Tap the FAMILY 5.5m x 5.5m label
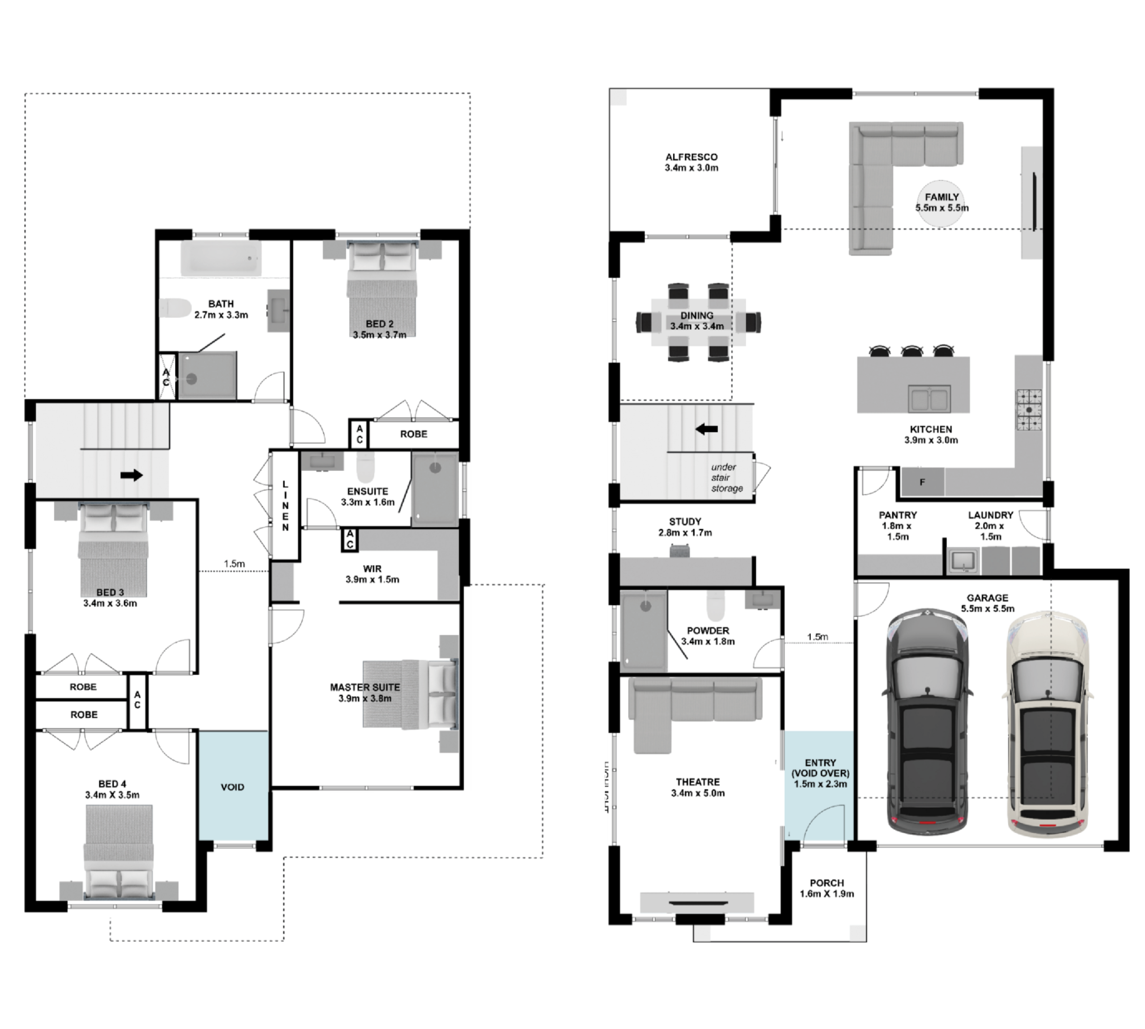click(x=941, y=203)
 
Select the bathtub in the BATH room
click(x=221, y=258)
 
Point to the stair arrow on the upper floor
click(x=132, y=475)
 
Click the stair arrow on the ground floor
click(x=706, y=429)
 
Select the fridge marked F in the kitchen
click(x=922, y=482)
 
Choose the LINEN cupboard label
click(x=285, y=506)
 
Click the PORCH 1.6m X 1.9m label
click(x=827, y=888)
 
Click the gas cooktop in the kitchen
click(x=1030, y=410)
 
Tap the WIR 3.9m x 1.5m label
click(x=372, y=574)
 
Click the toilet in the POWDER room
click(x=715, y=606)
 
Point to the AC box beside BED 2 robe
click(x=359, y=434)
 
